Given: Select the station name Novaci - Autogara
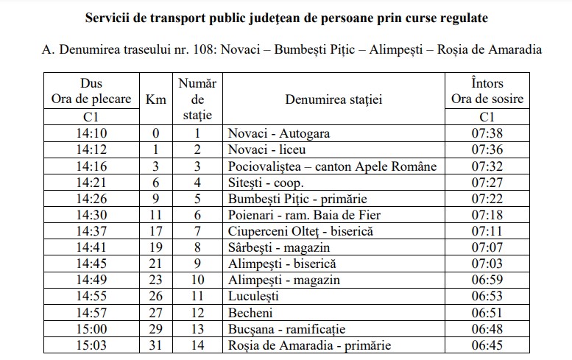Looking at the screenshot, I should coord(279,133).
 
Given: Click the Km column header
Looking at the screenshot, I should coord(155,99).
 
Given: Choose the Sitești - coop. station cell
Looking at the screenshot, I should coord(266,183).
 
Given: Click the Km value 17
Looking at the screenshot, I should coord(155,231).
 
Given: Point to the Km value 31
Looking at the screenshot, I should coord(155,345).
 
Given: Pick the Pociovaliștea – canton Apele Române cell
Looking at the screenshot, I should coord(332,166).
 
